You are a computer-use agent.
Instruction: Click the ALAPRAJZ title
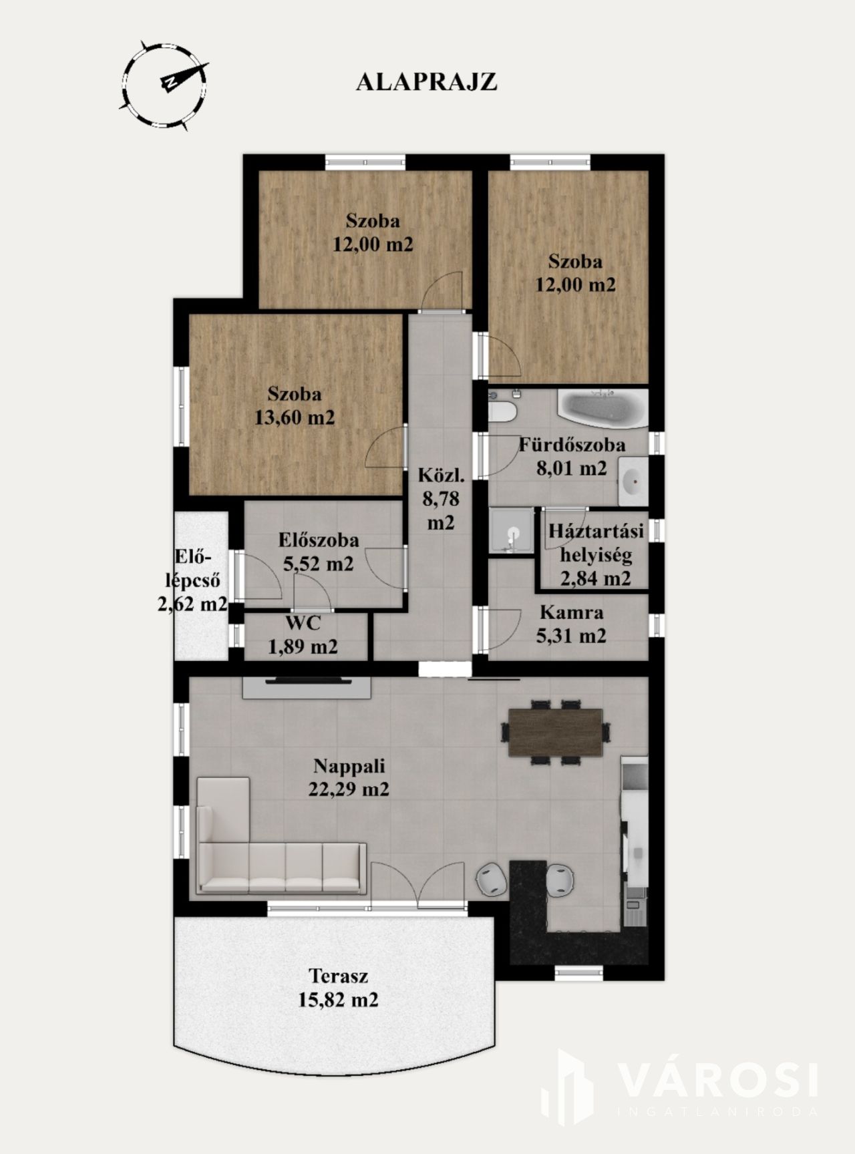pyautogui.click(x=426, y=81)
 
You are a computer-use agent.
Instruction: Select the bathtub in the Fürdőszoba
pyautogui.click(x=603, y=409)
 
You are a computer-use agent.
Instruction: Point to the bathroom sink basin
pyautogui.click(x=633, y=481)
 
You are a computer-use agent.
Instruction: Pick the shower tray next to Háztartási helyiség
pyautogui.click(x=512, y=531)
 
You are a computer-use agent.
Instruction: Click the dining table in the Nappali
pyautogui.click(x=556, y=731)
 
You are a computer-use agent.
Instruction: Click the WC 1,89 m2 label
pyautogui.click(x=303, y=634)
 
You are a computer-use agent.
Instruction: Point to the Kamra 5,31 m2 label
pyautogui.click(x=571, y=624)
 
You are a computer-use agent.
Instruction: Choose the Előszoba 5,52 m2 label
pyautogui.click(x=319, y=552)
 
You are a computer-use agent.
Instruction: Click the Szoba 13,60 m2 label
pyautogui.click(x=295, y=405)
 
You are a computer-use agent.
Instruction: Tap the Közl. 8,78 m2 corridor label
pyautogui.click(x=440, y=499)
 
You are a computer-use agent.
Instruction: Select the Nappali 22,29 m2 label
pyautogui.click(x=349, y=777)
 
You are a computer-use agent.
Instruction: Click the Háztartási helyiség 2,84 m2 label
pyautogui.click(x=596, y=554)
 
